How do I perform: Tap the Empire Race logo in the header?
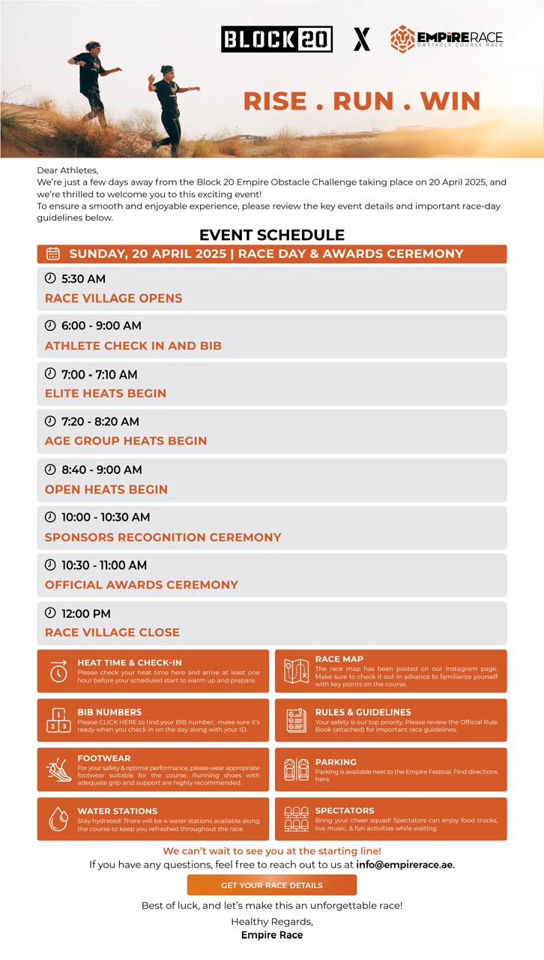pyautogui.click(x=446, y=39)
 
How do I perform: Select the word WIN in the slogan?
pyautogui.click(x=450, y=100)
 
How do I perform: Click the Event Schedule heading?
pyautogui.click(x=272, y=235)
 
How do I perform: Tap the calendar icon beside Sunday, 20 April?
pyautogui.click(x=53, y=253)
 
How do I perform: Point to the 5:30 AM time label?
pyautogui.click(x=83, y=279)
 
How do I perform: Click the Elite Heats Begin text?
pyautogui.click(x=106, y=393)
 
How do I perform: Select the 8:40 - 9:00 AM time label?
pyautogui.click(x=102, y=469)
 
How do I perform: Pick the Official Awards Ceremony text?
pyautogui.click(x=142, y=584)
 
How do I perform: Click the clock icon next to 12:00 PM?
pyautogui.click(x=50, y=613)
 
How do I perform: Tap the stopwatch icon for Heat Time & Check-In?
pyautogui.click(x=58, y=671)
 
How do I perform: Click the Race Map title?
pyautogui.click(x=339, y=659)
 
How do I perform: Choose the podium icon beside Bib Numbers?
pyautogui.click(x=58, y=721)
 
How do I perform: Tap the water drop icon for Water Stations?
pyautogui.click(x=58, y=819)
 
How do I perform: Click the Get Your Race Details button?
pyautogui.click(x=272, y=885)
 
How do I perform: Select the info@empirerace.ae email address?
pyautogui.click(x=405, y=864)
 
